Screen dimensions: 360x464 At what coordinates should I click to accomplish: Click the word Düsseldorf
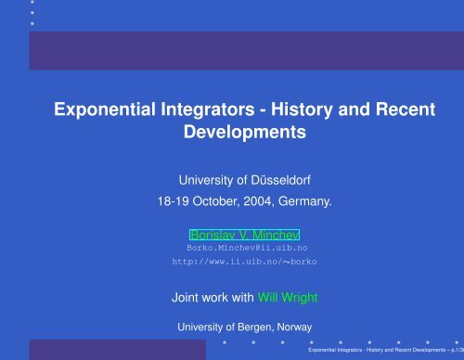278,179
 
